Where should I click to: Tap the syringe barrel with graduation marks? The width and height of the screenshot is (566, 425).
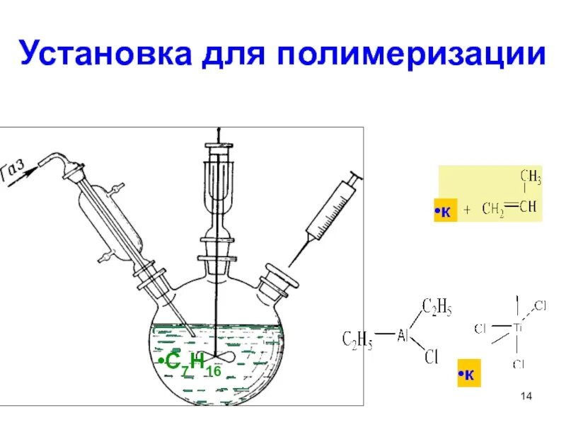[330, 208]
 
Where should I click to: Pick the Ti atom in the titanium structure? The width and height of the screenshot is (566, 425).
[518, 328]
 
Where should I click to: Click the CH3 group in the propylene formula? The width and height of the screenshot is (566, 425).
[530, 176]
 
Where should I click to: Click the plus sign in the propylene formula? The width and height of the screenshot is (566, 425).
[468, 209]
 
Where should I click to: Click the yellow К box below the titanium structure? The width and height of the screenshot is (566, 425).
[468, 375]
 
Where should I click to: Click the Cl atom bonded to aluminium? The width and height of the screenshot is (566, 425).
[431, 358]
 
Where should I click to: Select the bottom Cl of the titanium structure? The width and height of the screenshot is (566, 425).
[517, 364]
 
